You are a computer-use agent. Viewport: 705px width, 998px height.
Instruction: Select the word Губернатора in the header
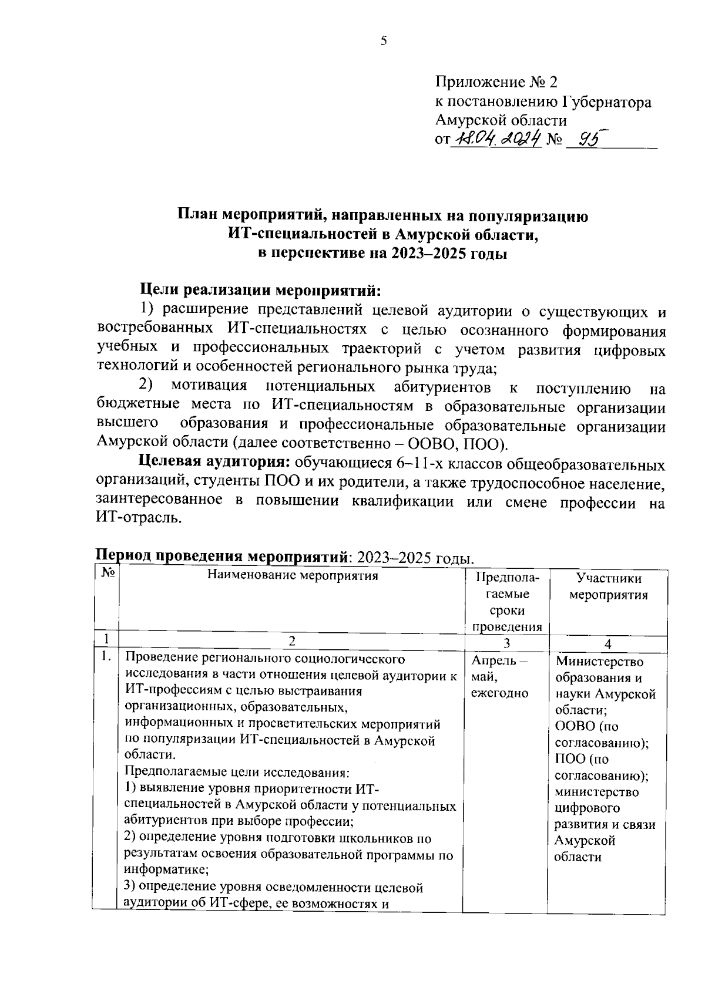(x=607, y=102)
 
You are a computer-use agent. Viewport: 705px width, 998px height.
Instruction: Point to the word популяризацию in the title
(x=530, y=216)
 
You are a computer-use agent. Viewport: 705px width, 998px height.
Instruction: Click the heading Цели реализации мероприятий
(x=260, y=290)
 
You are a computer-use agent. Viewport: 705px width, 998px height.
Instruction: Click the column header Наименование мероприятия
(x=292, y=575)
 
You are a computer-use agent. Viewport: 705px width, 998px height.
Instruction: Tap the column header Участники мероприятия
(x=609, y=586)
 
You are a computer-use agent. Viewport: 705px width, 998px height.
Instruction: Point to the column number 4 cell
(x=608, y=643)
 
